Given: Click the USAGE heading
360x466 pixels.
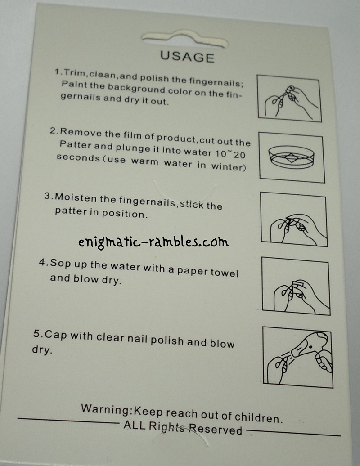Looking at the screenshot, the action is point(187,57).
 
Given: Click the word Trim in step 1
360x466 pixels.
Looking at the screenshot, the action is point(74,73).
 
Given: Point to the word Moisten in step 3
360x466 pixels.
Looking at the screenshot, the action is point(76,197).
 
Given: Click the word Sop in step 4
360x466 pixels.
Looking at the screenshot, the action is point(60,264).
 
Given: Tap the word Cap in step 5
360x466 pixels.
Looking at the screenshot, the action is point(56,335).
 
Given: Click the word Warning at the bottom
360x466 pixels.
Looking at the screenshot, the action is point(106,409).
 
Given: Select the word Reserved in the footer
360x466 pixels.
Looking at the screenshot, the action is point(216,429).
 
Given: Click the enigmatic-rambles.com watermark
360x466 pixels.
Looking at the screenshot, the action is point(153,242).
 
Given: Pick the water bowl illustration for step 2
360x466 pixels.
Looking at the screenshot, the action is point(291,157).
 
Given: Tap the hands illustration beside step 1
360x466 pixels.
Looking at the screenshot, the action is point(289,99).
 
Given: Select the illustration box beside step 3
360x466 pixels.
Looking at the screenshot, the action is point(294,220).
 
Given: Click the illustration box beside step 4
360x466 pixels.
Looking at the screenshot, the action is point(296,286).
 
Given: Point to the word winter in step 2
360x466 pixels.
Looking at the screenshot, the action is point(229,166).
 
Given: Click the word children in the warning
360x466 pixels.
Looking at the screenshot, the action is point(258,417).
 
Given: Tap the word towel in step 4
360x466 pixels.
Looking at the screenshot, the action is point(225,272).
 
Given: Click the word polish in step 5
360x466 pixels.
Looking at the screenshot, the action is point(167,341).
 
